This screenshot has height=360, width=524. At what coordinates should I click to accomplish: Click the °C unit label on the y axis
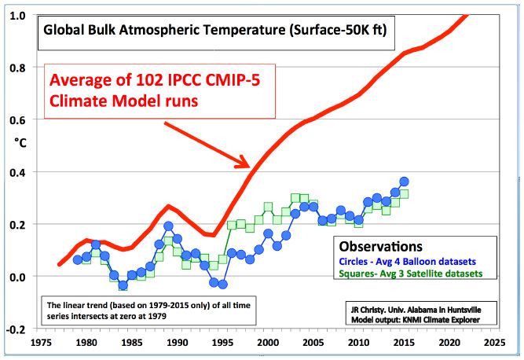click(19, 144)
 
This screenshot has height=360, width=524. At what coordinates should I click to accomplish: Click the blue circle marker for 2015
click(405, 182)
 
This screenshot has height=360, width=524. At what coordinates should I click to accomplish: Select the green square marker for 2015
click(405, 194)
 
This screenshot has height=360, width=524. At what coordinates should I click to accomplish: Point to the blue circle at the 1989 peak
click(168, 226)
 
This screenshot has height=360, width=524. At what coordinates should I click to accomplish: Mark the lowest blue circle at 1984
click(123, 285)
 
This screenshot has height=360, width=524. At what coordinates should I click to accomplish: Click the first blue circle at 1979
click(78, 259)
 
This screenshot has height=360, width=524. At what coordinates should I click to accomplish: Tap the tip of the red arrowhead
click(251, 167)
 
